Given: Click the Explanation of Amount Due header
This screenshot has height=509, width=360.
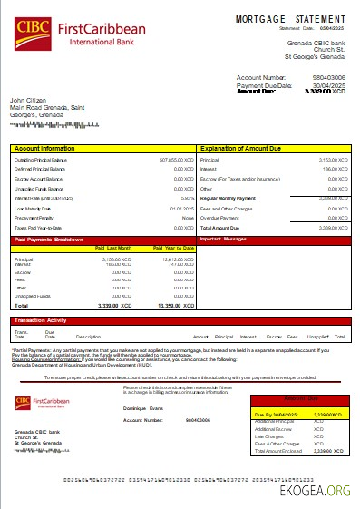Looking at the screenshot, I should (x=243, y=147).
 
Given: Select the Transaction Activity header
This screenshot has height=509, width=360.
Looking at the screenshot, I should (x=40, y=320).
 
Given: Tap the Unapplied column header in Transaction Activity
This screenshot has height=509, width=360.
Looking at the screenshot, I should (x=316, y=337).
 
